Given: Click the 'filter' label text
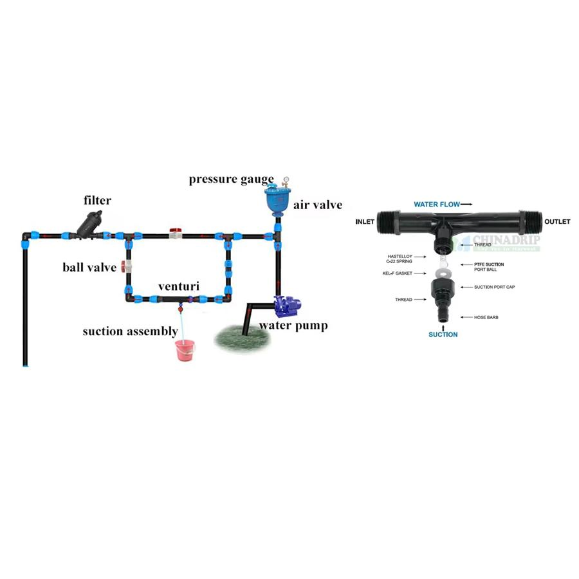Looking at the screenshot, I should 97,201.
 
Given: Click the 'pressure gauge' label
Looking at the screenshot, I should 231,179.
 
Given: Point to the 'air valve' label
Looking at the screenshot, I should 318,205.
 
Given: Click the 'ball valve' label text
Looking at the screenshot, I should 89,266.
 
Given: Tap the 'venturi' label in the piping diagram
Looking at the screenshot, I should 179,284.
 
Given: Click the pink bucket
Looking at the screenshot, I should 185,351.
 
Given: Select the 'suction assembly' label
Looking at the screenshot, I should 130,331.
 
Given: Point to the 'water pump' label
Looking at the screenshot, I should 293,326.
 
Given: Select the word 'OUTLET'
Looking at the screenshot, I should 556,222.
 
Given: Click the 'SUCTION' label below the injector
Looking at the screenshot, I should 443,335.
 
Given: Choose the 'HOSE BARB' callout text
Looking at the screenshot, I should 486,317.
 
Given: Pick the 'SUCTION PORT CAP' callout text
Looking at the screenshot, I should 494,287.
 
